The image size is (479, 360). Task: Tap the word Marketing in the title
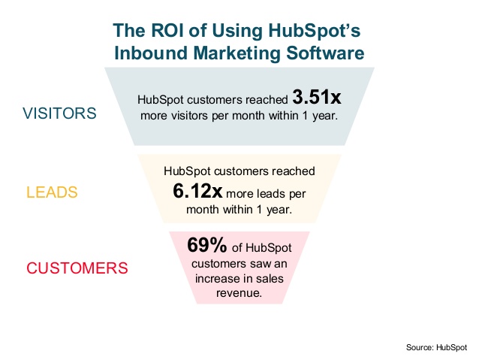click(236, 53)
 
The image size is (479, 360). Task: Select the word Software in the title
click(325, 53)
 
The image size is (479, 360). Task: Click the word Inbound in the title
click(151, 53)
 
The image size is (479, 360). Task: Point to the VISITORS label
click(59, 113)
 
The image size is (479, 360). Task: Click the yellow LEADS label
click(52, 192)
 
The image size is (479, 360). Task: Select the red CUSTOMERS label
click(77, 268)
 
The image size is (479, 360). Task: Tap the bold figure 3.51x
click(317, 97)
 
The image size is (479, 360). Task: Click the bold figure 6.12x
click(197, 191)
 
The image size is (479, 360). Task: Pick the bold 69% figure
click(206, 245)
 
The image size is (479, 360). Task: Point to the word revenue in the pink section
click(239, 293)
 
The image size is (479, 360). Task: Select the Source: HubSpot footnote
click(436, 347)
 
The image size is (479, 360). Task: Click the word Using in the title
click(237, 32)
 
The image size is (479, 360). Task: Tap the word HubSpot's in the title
click(315, 32)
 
